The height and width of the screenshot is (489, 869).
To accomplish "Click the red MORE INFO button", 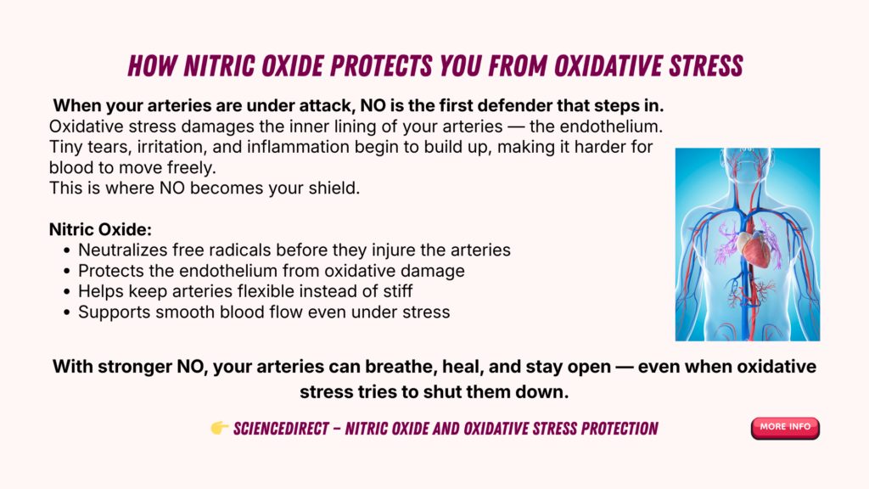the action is pyautogui.click(x=785, y=428).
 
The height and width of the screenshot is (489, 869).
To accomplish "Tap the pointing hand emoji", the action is pyautogui.click(x=220, y=428).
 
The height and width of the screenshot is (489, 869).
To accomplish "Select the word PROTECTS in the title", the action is pyautogui.click(x=381, y=66).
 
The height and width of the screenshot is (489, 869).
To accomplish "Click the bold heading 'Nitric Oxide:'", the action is pyautogui.click(x=100, y=229).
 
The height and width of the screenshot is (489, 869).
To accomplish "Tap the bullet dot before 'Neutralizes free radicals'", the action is pyautogui.click(x=67, y=250).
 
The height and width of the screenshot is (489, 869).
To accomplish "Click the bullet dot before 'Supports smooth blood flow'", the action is pyautogui.click(x=67, y=312).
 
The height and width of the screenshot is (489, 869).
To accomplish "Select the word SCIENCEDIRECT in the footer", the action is pyautogui.click(x=281, y=429).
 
